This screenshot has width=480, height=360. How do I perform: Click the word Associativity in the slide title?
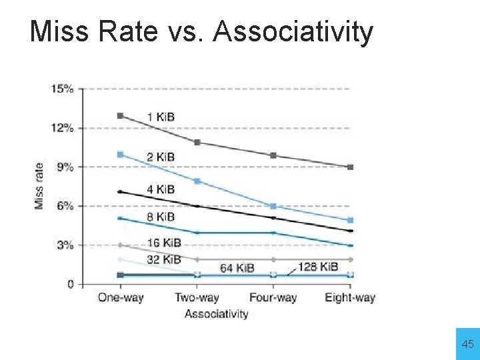tap(293, 31)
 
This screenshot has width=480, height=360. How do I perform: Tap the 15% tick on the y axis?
tap(63, 89)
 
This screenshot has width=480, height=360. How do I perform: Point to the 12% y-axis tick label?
tap(63, 128)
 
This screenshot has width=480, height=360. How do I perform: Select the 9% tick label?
tap(65, 167)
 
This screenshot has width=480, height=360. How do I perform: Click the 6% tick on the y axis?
tap(65, 206)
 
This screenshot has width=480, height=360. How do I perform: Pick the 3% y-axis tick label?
tap(65, 245)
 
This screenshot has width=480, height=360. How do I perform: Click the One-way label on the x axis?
tap(121, 298)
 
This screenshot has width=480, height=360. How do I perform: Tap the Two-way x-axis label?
tap(197, 298)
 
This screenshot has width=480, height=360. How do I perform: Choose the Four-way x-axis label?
tap(273, 298)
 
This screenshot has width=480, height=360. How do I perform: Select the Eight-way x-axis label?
tap(350, 298)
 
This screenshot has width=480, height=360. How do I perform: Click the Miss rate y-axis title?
tap(39, 186)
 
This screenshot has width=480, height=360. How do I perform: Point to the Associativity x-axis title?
tap(216, 313)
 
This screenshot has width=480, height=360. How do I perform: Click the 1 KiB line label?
tap(161, 117)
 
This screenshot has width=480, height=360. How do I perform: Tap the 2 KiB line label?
tap(161, 157)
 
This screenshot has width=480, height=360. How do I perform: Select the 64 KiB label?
tap(237, 268)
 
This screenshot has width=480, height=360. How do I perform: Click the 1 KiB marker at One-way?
tap(120, 115)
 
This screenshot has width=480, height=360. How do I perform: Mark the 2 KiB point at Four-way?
tap(273, 207)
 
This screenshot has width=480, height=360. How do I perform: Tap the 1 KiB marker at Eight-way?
tap(350, 167)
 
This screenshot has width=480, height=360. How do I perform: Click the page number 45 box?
tap(467, 344)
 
